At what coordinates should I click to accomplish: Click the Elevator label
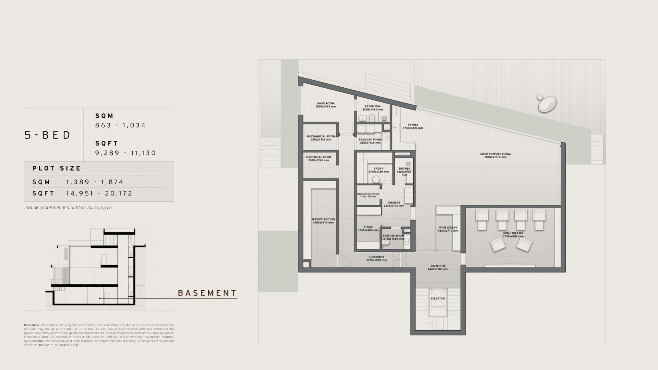click(x=438, y=298)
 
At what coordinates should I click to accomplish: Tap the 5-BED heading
click(x=48, y=135)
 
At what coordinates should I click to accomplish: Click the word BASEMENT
click(x=207, y=293)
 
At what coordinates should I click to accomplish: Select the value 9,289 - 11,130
click(x=125, y=153)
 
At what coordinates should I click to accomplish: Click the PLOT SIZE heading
click(x=57, y=168)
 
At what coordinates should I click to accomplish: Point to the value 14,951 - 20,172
click(x=99, y=193)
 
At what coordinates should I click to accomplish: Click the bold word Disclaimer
click(x=32, y=325)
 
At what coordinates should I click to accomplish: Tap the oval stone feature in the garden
click(x=547, y=103)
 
